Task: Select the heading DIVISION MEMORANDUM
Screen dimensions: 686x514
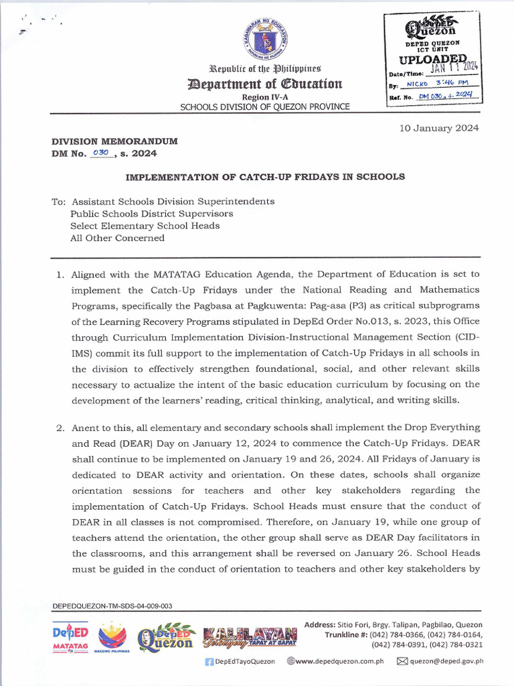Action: tap(114, 141)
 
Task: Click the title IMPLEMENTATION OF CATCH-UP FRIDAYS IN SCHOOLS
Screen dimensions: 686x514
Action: tap(266, 177)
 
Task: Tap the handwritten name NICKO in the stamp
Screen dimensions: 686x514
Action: tap(420, 84)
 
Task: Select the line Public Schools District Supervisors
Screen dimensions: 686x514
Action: tap(152, 213)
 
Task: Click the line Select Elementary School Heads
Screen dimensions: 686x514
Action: tap(145, 226)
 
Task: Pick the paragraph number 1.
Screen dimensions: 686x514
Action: tap(59, 274)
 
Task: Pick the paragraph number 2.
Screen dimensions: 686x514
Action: tap(59, 427)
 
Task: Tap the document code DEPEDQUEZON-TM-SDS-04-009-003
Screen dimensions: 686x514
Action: tap(112, 606)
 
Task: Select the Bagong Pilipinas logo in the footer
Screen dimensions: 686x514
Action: tap(112, 636)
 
